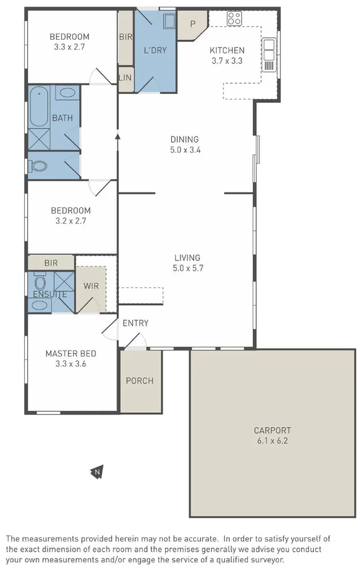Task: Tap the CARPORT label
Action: click(x=272, y=430)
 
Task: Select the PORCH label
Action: click(x=140, y=381)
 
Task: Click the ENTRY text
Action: click(x=135, y=323)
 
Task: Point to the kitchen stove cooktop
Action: click(x=234, y=19)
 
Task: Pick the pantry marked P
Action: click(x=192, y=24)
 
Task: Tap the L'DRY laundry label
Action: click(x=155, y=50)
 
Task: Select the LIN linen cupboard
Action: click(x=125, y=78)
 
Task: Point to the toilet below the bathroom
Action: click(x=39, y=166)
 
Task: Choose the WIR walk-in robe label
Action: click(x=91, y=286)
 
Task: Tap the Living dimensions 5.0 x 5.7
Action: click(x=187, y=268)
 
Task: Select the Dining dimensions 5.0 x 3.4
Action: click(x=186, y=150)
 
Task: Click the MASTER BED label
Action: click(x=70, y=354)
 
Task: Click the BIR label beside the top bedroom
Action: click(x=125, y=37)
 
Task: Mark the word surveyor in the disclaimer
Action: click(x=266, y=560)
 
